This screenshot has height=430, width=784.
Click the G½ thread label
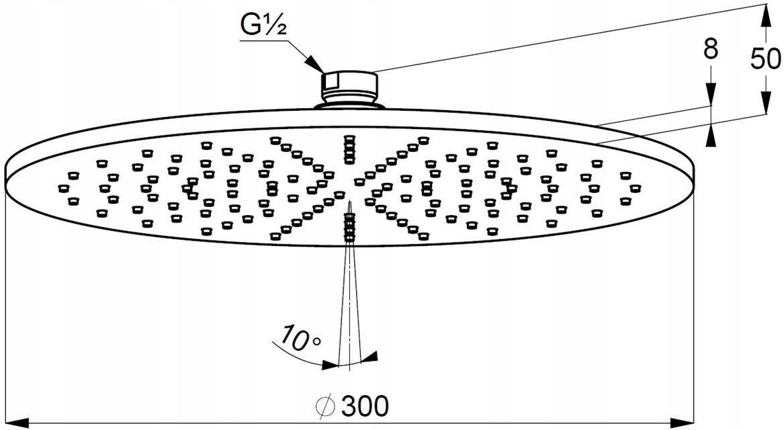(x=263, y=26)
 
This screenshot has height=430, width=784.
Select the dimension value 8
(x=711, y=50)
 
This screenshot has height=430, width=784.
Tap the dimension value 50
(x=766, y=59)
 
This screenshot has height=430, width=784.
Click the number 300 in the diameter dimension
(x=365, y=405)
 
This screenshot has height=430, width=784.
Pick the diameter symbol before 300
(x=326, y=406)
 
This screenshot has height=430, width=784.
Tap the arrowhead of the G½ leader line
(x=316, y=64)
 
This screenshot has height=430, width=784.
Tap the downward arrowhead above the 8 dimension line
(x=711, y=95)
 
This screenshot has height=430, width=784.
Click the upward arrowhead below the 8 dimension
(x=711, y=135)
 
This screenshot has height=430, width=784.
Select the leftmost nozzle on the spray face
(x=63, y=188)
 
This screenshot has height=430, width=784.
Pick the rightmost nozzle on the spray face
(x=635, y=188)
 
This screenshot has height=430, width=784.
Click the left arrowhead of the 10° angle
(x=331, y=365)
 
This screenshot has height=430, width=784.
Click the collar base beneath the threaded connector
(x=349, y=105)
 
